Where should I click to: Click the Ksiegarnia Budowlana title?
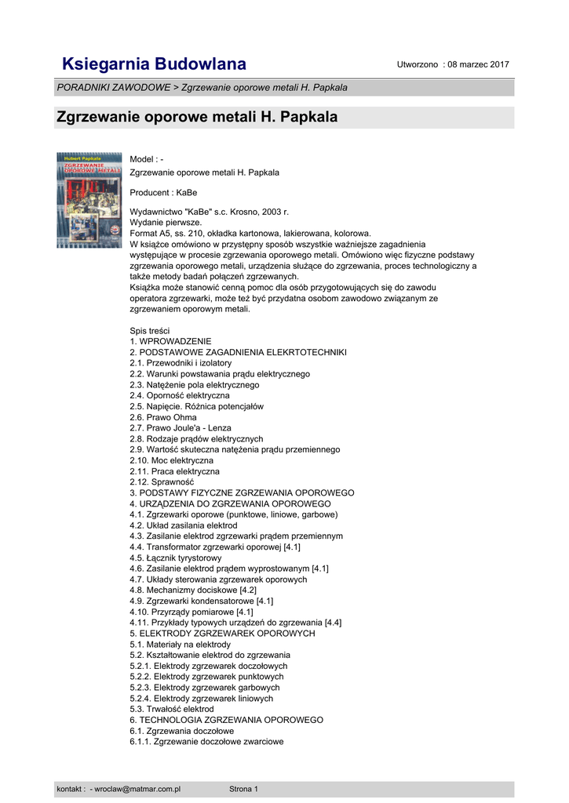154,64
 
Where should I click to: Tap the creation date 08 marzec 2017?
476,64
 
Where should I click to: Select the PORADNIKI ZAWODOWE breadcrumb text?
113,88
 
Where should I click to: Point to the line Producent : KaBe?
163,192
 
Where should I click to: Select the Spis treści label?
150,331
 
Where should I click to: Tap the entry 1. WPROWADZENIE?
170,342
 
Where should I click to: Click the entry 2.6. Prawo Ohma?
162,417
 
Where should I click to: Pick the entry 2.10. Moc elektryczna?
171,460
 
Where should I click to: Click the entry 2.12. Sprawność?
162,482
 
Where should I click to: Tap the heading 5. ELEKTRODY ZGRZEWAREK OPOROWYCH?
222,634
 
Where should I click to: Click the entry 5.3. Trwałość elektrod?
171,709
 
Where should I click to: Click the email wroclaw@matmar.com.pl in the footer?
137,789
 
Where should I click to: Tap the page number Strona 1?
243,789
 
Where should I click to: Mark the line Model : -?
147,160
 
